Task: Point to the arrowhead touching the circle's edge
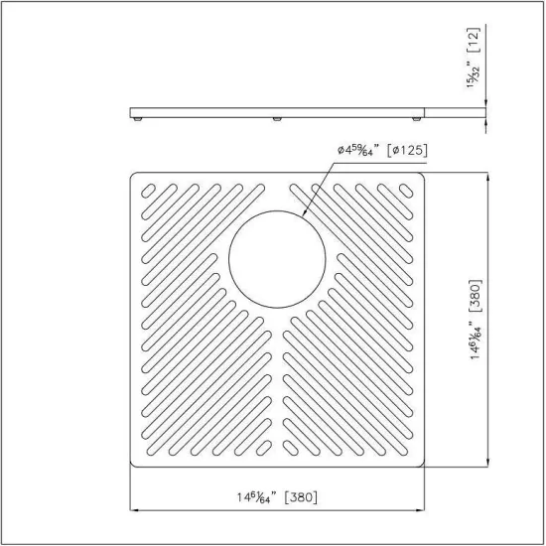pyautogui.click(x=301, y=217)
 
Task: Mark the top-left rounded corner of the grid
pyautogui.click(x=134, y=178)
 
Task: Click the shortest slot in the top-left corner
pyautogui.click(x=146, y=189)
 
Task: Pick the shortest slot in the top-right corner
pyautogui.click(x=407, y=189)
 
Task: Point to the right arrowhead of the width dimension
pyautogui.click(x=422, y=511)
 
